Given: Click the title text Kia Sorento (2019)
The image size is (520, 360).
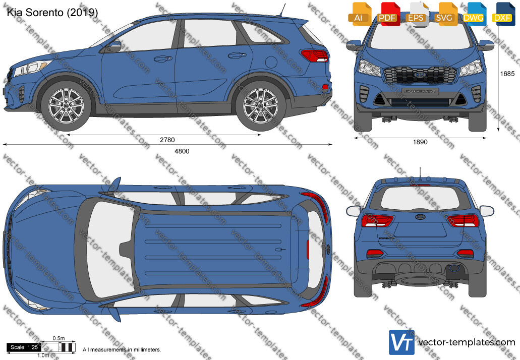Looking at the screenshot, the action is click(52, 13).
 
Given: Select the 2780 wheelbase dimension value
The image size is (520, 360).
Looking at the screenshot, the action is click(167, 140).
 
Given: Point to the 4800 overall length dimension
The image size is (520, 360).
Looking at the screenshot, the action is click(182, 151).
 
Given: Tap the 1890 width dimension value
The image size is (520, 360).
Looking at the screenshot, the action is click(420, 142).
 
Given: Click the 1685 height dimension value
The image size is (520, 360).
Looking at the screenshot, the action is click(507, 74).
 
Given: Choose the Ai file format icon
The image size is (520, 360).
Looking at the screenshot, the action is click(359, 14).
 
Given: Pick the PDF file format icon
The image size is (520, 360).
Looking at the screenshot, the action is click(387, 14).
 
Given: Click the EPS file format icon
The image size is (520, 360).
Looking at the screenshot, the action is click(416, 14).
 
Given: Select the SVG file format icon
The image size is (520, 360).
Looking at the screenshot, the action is click(444, 14).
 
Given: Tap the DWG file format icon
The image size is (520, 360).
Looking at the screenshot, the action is click(473, 14).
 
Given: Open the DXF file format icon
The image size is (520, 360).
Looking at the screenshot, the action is click(502, 14).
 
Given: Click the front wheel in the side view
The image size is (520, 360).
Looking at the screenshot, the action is click(67, 106).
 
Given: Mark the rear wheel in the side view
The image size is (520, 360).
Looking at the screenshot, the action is click(261, 106).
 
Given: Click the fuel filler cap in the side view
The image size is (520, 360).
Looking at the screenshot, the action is click(271, 62).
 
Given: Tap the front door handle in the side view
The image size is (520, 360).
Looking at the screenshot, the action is click(161, 59).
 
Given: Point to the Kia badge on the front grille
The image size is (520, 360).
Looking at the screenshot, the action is click(420, 75).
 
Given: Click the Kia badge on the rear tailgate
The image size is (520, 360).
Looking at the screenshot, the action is click(420, 217).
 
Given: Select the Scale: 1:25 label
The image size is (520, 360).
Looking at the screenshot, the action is click(24, 347).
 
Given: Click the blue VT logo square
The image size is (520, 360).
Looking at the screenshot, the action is click(401, 342).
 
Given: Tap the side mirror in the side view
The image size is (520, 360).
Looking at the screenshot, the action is click(114, 46).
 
